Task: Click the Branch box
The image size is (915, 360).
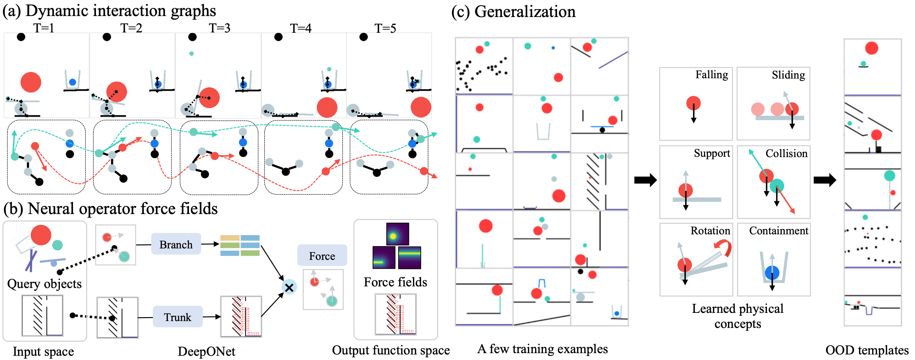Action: click(x=176, y=244)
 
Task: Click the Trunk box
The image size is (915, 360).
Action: click(x=177, y=317)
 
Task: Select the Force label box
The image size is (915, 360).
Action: click(x=322, y=256)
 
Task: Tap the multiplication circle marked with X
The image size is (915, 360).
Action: click(x=289, y=287)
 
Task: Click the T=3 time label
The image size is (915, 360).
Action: click(x=219, y=28)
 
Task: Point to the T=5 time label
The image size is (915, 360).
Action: click(x=385, y=28)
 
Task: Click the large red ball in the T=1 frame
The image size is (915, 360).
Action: click(x=31, y=82)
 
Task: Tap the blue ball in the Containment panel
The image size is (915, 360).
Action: click(x=772, y=273)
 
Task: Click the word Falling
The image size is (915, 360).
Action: click(x=712, y=75)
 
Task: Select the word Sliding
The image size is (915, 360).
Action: click(x=788, y=75)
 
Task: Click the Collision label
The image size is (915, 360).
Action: click(x=786, y=153)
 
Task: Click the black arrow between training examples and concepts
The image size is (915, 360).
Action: click(x=645, y=180)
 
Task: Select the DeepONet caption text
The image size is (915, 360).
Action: click(x=206, y=351)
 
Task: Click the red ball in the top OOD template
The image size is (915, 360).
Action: click(x=871, y=48)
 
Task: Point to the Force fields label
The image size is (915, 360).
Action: click(x=395, y=282)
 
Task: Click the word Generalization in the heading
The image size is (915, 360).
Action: click(x=525, y=11)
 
